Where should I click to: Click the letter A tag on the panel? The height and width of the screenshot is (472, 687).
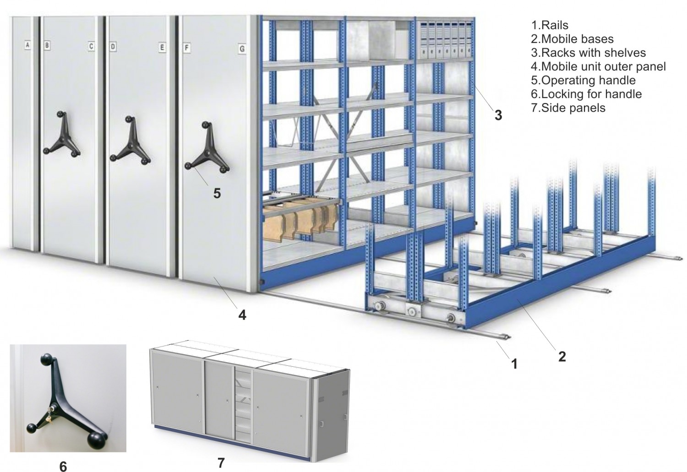pos(27,45)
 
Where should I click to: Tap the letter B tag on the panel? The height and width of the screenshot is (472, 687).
pos(47,45)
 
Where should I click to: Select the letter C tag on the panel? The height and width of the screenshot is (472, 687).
pos(91,46)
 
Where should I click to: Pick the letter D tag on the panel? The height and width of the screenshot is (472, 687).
pos(113,46)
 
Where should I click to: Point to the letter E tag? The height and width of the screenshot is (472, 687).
pos(162,47)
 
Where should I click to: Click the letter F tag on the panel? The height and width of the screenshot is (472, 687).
pos(186,47)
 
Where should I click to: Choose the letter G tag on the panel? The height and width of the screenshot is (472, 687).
pos(242,48)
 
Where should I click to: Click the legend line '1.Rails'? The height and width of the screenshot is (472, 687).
pos(550,25)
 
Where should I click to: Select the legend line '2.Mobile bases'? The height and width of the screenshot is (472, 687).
pos(572,39)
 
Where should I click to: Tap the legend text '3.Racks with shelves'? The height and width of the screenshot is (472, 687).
pos(588,53)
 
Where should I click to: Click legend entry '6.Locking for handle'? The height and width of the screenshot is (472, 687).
pos(586,94)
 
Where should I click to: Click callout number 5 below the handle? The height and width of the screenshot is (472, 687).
pos(217,193)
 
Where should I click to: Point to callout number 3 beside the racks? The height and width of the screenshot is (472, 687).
pos(498,115)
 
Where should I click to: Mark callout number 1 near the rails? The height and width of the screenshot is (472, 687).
pos(514,364)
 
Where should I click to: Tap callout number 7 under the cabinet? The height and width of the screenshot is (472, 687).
pos(221,461)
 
